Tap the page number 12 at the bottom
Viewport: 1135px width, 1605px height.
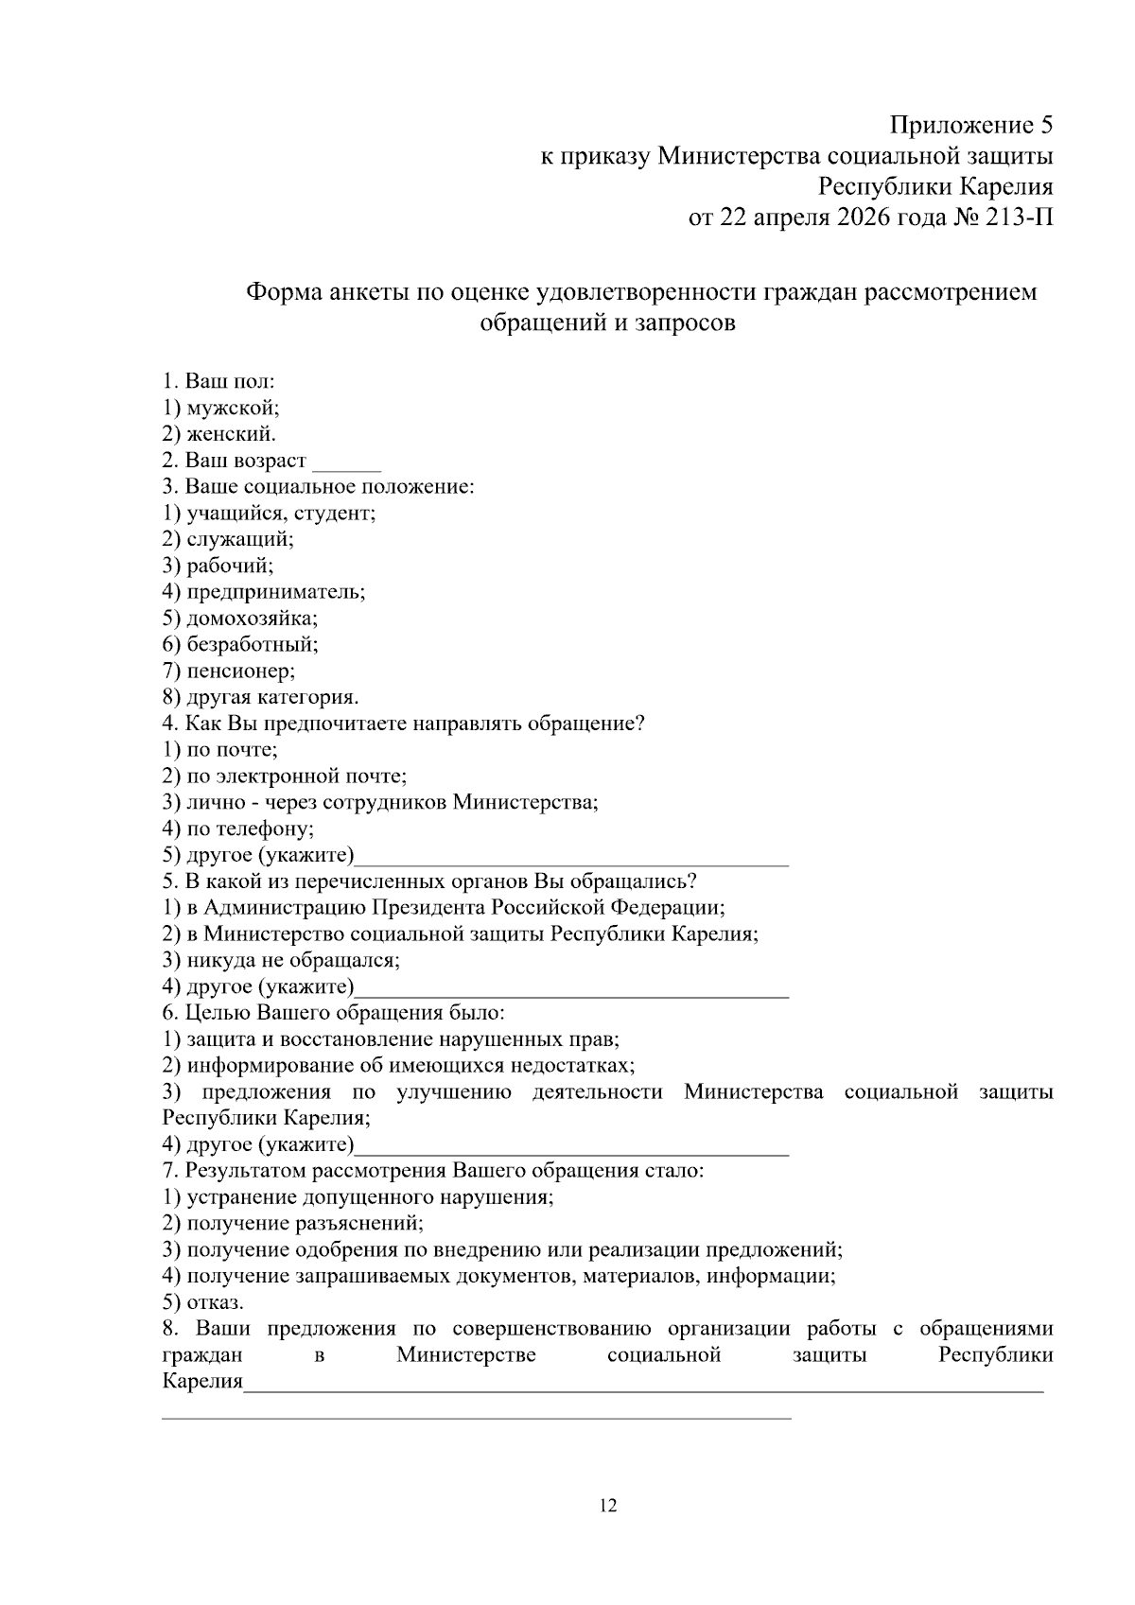coord(608,1506)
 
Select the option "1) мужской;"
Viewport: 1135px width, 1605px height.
coord(220,408)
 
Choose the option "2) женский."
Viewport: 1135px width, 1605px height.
coord(219,434)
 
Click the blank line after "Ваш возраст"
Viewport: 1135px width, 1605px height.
coord(346,465)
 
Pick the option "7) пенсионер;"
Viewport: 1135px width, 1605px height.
coord(228,671)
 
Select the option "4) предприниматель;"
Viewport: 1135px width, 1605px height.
coord(263,592)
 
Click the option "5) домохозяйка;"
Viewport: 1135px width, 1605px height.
coord(239,619)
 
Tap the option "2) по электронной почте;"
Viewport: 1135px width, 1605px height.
coord(284,776)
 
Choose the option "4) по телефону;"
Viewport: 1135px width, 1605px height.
coord(237,829)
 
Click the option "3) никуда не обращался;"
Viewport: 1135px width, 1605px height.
coord(281,960)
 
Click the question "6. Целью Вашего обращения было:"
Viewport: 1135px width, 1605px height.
coord(333,1013)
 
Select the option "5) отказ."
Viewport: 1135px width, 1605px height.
coord(202,1302)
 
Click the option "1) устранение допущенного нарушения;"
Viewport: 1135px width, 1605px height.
coord(358,1196)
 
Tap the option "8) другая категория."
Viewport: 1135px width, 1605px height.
coord(260,697)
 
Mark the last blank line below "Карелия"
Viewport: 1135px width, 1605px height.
coord(477,1417)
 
